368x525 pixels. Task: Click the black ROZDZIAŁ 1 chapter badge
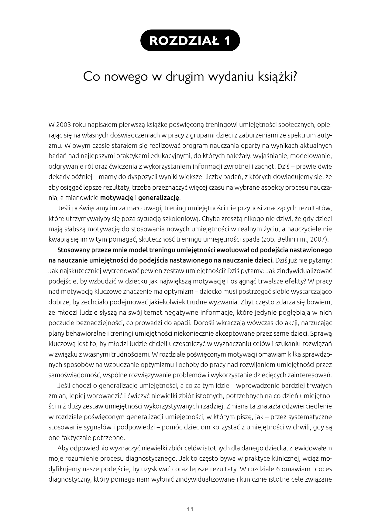coord(190,40)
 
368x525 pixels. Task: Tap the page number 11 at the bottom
coord(190,509)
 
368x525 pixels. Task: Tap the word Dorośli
coord(204,323)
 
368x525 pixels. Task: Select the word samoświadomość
coord(74,375)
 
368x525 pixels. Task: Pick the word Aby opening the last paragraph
coord(63,448)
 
